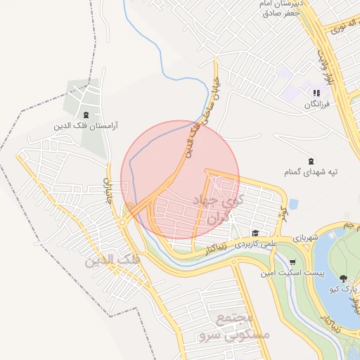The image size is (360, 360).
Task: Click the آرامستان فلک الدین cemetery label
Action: (x=86, y=127)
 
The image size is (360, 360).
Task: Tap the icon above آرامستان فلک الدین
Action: (x=86, y=115)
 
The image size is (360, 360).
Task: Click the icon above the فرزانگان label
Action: (x=316, y=93)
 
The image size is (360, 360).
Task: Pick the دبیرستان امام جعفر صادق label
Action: (x=282, y=8)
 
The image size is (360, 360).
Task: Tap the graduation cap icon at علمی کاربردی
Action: (x=255, y=233)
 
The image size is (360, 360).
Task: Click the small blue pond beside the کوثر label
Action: (x=293, y=204)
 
